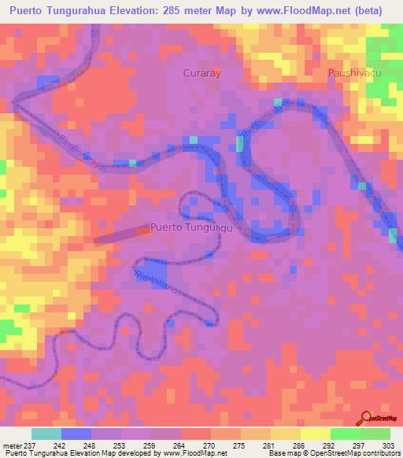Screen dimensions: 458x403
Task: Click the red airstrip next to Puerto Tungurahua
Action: tap(122, 234)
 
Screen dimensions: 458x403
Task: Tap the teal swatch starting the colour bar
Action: tap(46, 434)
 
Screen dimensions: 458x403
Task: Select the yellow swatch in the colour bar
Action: tap(315, 434)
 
